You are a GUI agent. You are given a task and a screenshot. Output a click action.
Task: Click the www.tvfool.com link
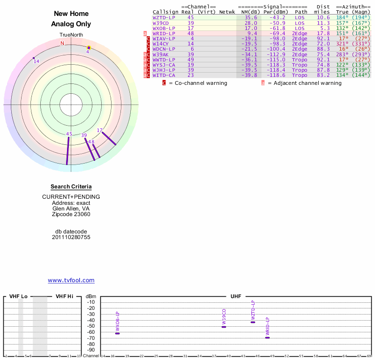point(71,280)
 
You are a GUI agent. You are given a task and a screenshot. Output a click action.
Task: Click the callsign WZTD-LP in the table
point(164,17)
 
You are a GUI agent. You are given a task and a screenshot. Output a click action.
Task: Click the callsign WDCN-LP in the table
point(164,49)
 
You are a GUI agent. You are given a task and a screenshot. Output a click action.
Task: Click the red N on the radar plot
point(62,43)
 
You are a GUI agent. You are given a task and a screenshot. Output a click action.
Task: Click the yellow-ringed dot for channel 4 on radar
point(89,48)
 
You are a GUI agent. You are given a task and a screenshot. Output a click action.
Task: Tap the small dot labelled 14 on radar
point(34,58)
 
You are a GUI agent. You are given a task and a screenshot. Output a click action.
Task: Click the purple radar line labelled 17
point(109,138)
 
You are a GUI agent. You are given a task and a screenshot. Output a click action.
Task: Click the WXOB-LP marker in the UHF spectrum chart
point(118,333)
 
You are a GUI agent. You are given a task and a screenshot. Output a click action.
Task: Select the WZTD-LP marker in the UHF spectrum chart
point(253,322)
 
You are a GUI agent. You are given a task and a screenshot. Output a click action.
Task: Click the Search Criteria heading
point(71,187)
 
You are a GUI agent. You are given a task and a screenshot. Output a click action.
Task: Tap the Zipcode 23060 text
point(71,214)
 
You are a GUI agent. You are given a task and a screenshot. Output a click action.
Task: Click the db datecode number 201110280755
point(71,237)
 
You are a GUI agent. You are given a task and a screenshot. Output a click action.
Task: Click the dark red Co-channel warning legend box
point(164,83)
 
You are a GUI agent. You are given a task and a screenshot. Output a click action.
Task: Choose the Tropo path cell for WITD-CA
point(300,75)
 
